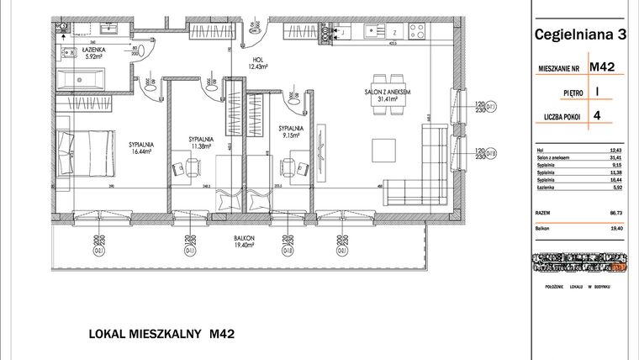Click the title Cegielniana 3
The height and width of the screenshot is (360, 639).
[x=581, y=34]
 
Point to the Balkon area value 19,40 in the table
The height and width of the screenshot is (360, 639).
[x=618, y=228]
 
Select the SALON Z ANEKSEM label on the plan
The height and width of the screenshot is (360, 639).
[x=387, y=95]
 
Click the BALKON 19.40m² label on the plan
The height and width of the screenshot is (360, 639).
[x=246, y=241]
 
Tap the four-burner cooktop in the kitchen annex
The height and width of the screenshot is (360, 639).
[x=418, y=33]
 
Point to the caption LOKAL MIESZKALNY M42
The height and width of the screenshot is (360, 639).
[x=161, y=334]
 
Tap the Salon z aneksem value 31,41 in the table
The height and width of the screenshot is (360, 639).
[x=618, y=156]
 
